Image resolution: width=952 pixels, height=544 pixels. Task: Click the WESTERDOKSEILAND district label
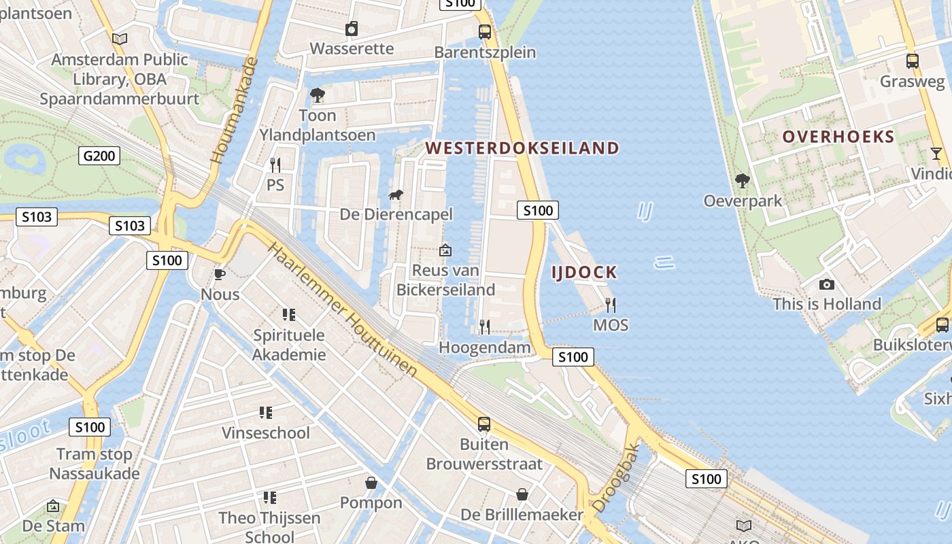[522, 148]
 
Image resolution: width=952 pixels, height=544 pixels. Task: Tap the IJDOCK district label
[583, 273]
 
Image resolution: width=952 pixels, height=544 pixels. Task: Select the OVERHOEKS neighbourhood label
[838, 137]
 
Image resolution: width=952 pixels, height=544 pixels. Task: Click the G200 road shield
[99, 156]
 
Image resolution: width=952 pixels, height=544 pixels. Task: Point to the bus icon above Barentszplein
[485, 31]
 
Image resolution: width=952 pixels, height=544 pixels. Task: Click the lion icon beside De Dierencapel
[395, 196]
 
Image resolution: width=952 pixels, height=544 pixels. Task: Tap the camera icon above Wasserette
[352, 29]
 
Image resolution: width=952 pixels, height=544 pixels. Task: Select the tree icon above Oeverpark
[742, 181]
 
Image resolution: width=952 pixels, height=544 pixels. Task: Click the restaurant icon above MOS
[611, 305]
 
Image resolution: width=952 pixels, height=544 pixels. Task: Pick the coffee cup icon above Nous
[220, 274]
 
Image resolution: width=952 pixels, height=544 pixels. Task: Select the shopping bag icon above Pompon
[371, 483]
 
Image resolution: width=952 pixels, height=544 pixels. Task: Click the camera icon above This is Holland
[827, 284]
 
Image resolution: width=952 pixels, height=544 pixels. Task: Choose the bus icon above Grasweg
[913, 61]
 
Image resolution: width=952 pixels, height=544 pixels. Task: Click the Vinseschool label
[265, 432]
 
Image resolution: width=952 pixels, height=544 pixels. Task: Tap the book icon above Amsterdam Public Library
[120, 39]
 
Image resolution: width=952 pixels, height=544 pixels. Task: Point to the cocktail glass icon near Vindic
[936, 153]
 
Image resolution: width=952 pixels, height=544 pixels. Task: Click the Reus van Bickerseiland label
[445, 279]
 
